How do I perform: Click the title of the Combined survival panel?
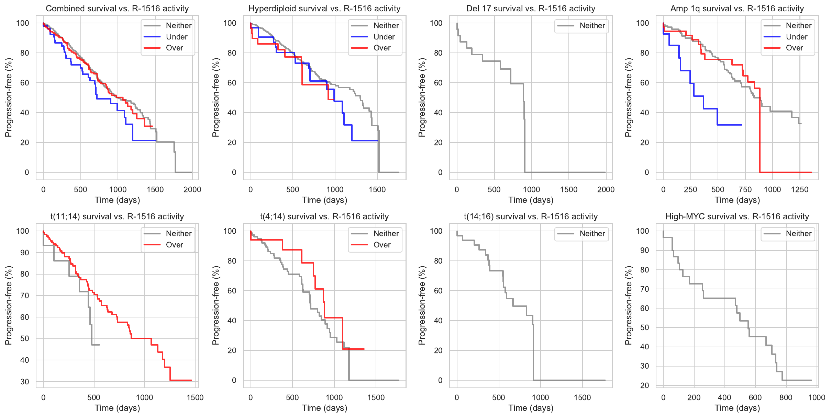point(117,9)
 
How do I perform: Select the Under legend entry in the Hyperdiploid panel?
point(384,37)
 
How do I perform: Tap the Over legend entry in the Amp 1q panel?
point(794,48)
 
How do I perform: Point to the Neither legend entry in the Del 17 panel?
point(592,25)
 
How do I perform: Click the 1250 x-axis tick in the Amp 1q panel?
point(799,189)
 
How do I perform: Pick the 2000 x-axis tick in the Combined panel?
point(192,189)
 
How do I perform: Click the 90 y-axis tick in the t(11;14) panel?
point(24,253)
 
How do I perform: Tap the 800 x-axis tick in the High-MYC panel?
point(786,397)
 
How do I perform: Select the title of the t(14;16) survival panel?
point(531,217)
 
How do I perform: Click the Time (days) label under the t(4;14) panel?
point(324,408)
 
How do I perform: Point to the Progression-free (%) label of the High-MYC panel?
point(628,305)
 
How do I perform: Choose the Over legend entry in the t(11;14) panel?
point(174,245)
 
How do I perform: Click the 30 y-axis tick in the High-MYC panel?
point(644,366)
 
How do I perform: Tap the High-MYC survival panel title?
point(737,217)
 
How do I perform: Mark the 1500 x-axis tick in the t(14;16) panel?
point(582,397)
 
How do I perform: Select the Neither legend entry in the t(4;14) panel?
point(386,233)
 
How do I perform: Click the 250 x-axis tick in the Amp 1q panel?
point(690,189)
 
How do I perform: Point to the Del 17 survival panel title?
point(531,9)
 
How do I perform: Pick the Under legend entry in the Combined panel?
point(176,37)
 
